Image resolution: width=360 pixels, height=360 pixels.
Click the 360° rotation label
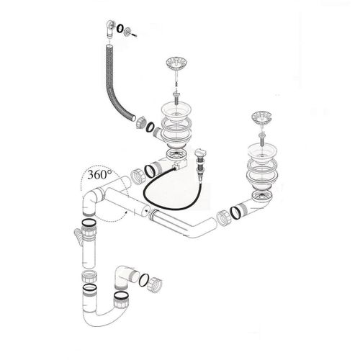pos(98,175)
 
